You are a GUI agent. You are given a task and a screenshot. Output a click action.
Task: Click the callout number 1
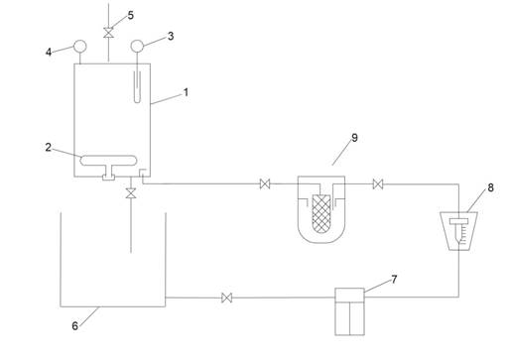click(x=187, y=92)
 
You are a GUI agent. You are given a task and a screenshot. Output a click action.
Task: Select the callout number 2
click(x=49, y=147)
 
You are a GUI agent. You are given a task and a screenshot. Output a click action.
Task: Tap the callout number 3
click(x=171, y=36)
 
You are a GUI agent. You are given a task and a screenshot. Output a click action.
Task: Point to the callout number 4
click(x=49, y=52)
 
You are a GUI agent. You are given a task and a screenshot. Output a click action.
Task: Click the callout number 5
click(x=131, y=15)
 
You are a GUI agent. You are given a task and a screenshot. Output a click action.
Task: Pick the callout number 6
click(x=75, y=326)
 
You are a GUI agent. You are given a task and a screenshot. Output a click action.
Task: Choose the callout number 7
click(x=394, y=280)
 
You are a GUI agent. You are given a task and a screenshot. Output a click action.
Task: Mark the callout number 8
click(x=490, y=187)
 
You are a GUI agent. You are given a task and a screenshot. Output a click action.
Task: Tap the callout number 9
click(x=354, y=138)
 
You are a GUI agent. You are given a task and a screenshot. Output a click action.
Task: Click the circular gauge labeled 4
click(x=79, y=47)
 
